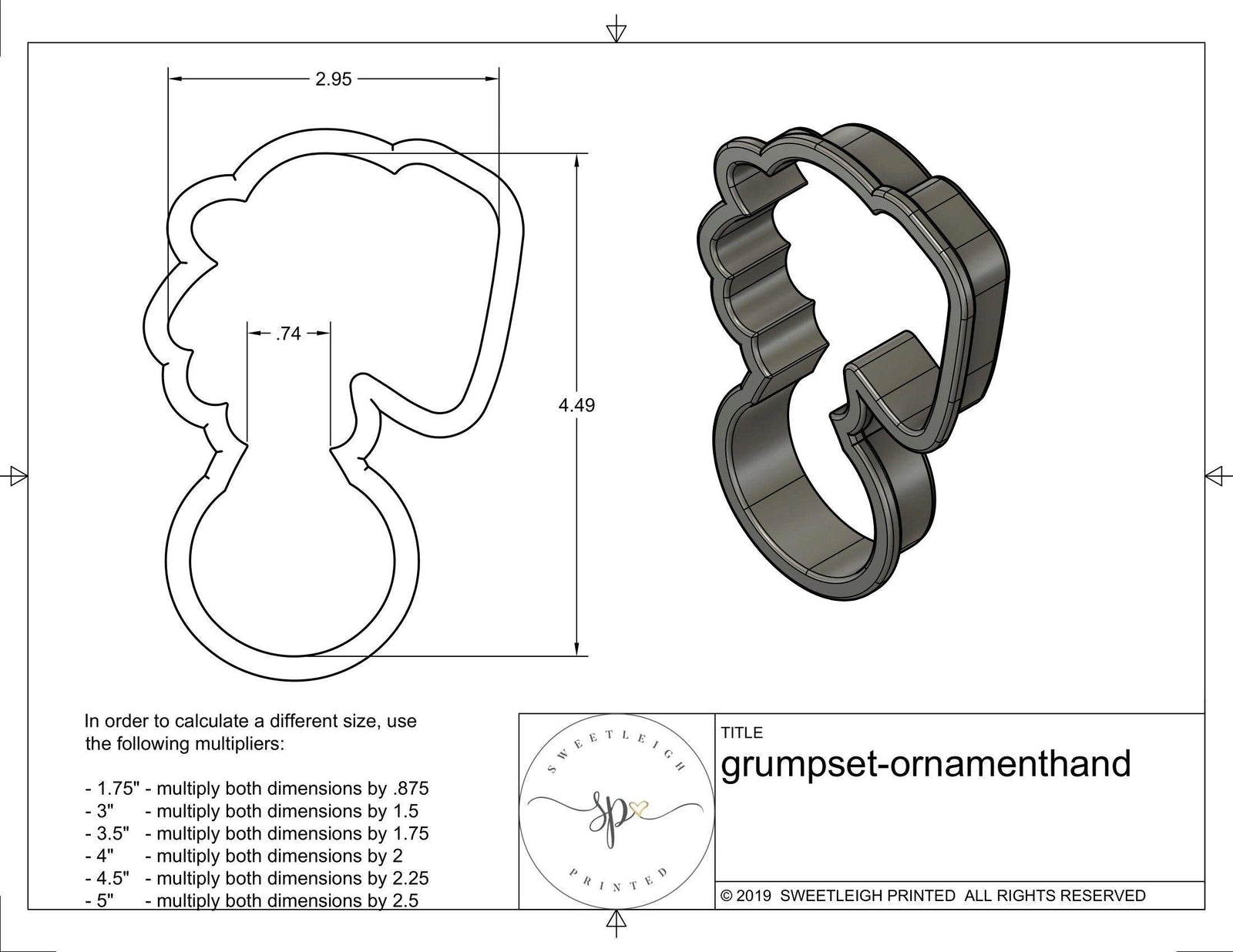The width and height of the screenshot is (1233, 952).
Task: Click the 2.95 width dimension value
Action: [x=333, y=79]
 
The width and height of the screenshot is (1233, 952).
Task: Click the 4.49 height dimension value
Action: [x=576, y=405]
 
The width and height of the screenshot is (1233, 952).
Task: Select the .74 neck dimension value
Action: [x=287, y=334]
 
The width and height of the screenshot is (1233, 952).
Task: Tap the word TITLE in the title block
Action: [x=742, y=732]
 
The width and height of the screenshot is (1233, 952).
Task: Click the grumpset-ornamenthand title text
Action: [x=926, y=765]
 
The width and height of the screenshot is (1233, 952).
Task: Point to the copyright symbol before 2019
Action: [x=726, y=896]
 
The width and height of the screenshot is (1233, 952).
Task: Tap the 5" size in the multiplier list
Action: [x=106, y=900]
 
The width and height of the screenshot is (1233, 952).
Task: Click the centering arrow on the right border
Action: [x=1215, y=475]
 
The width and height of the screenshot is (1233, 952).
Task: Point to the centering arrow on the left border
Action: [x=16, y=475]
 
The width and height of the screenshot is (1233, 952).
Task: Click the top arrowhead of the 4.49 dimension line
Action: [x=576, y=159]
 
